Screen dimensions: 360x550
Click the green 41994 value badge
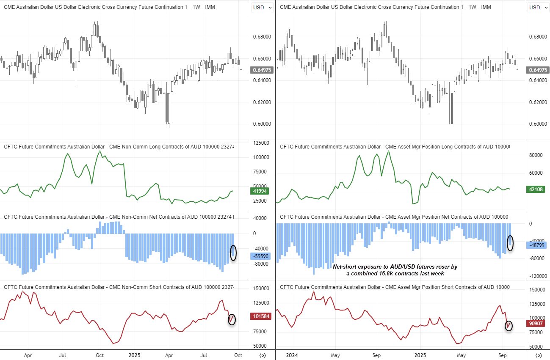[x=261, y=191]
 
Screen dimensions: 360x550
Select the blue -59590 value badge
[x=261, y=256]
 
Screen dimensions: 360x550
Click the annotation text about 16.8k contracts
[x=395, y=270]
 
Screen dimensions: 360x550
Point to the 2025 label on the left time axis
[x=135, y=355]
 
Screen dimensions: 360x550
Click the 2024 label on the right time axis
[x=291, y=355]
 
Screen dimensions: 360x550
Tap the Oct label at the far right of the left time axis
[x=238, y=355]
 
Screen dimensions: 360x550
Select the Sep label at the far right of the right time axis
[x=503, y=355]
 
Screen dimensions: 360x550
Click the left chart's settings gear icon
[x=263, y=355]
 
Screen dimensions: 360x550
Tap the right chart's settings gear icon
[x=538, y=355]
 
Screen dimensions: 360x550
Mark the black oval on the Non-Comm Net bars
[x=233, y=253]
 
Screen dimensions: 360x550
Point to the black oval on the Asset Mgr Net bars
[x=510, y=243]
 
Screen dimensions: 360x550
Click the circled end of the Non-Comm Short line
[x=232, y=319]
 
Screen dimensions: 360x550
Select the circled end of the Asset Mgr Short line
[x=509, y=325]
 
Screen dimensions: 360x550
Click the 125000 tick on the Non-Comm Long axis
[x=261, y=143]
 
